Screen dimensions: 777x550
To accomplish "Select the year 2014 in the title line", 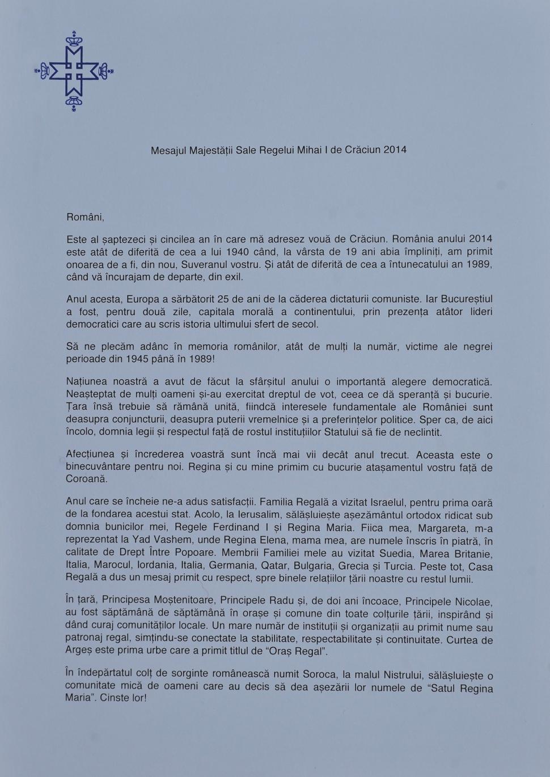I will pos(395,150).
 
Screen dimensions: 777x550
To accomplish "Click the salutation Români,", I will pos(85,217).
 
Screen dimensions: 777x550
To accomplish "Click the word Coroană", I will pos(86,479).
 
